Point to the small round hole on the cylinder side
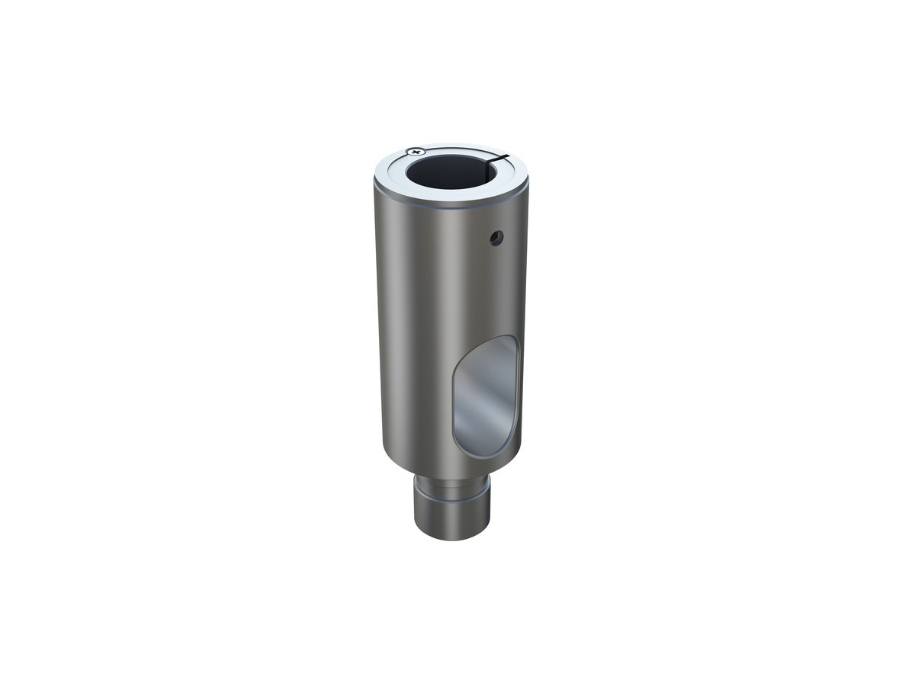coord(496,239)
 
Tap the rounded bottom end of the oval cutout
coord(477,451)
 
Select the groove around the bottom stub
coord(452,493)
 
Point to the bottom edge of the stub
coord(452,538)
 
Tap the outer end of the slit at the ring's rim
coord(511,152)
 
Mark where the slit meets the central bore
coord(492,160)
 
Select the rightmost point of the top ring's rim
coord(528,174)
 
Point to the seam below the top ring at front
coord(450,207)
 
